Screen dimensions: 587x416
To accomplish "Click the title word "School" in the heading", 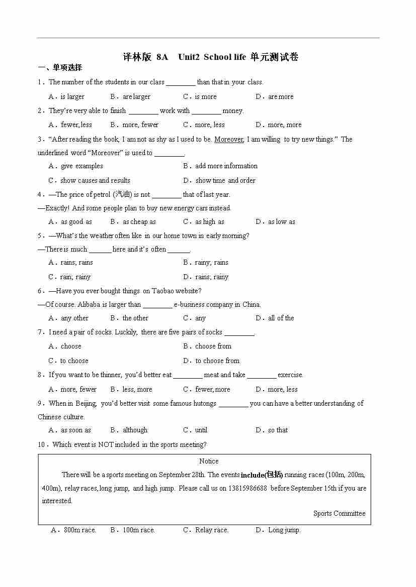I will (x=217, y=57).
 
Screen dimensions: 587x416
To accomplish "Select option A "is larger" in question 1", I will (x=72, y=96).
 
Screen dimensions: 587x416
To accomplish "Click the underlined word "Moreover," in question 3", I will (x=229, y=139).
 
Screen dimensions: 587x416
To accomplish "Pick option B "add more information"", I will (x=226, y=166).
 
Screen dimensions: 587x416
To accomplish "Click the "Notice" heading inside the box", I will (x=209, y=461).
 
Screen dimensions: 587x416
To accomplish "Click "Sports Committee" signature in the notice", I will (x=339, y=513).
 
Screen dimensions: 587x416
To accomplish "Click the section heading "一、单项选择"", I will (x=60, y=68).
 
